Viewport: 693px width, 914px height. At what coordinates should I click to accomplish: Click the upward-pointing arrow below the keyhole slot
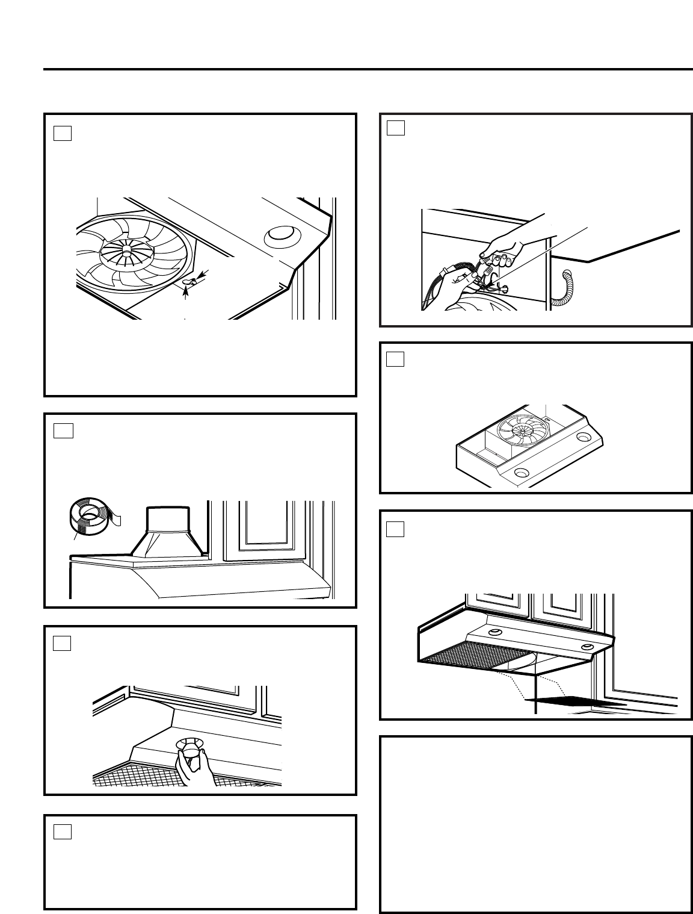[x=186, y=293]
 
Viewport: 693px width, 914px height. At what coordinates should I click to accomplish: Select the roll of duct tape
[x=91, y=515]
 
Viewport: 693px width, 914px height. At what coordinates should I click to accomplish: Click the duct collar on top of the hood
[x=168, y=530]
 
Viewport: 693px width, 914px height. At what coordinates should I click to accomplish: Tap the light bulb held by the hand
[x=190, y=750]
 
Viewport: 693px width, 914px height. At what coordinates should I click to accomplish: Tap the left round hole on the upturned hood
[x=521, y=473]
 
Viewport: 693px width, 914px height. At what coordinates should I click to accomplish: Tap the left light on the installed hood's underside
[x=494, y=632]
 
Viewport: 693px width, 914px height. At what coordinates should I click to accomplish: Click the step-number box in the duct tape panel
[x=63, y=431]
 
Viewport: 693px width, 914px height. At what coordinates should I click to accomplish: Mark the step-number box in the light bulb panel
[x=63, y=643]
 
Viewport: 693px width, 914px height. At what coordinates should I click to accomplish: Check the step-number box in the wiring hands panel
[x=395, y=128]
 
